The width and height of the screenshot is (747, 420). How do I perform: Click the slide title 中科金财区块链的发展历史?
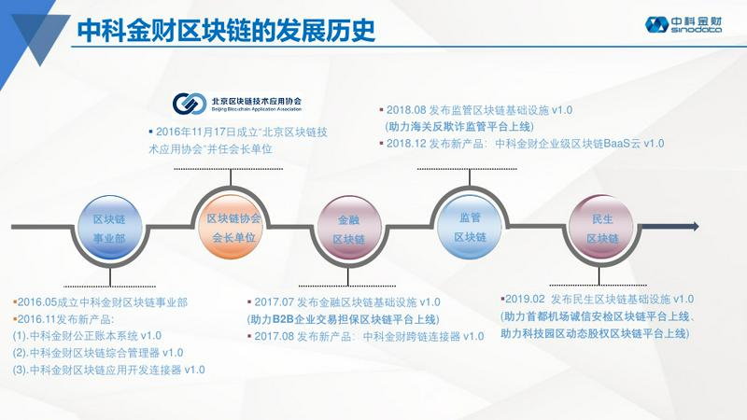click(x=226, y=30)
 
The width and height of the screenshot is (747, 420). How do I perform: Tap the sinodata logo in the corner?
click(x=683, y=24)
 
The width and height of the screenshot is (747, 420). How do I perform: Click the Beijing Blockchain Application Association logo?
click(x=237, y=104)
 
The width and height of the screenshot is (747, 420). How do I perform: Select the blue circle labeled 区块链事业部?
click(x=109, y=228)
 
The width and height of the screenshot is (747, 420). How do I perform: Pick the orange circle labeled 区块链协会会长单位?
click(x=231, y=227)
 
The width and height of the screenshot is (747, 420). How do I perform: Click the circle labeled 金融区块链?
click(x=348, y=229)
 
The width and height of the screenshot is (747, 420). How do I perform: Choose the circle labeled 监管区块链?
click(x=470, y=227)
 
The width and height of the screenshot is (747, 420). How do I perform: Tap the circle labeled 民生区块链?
click(x=602, y=228)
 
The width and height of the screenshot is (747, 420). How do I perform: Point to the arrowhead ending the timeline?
click(x=695, y=226)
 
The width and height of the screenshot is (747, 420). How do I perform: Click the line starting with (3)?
click(x=109, y=370)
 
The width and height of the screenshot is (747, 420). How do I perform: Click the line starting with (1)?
click(x=87, y=336)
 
